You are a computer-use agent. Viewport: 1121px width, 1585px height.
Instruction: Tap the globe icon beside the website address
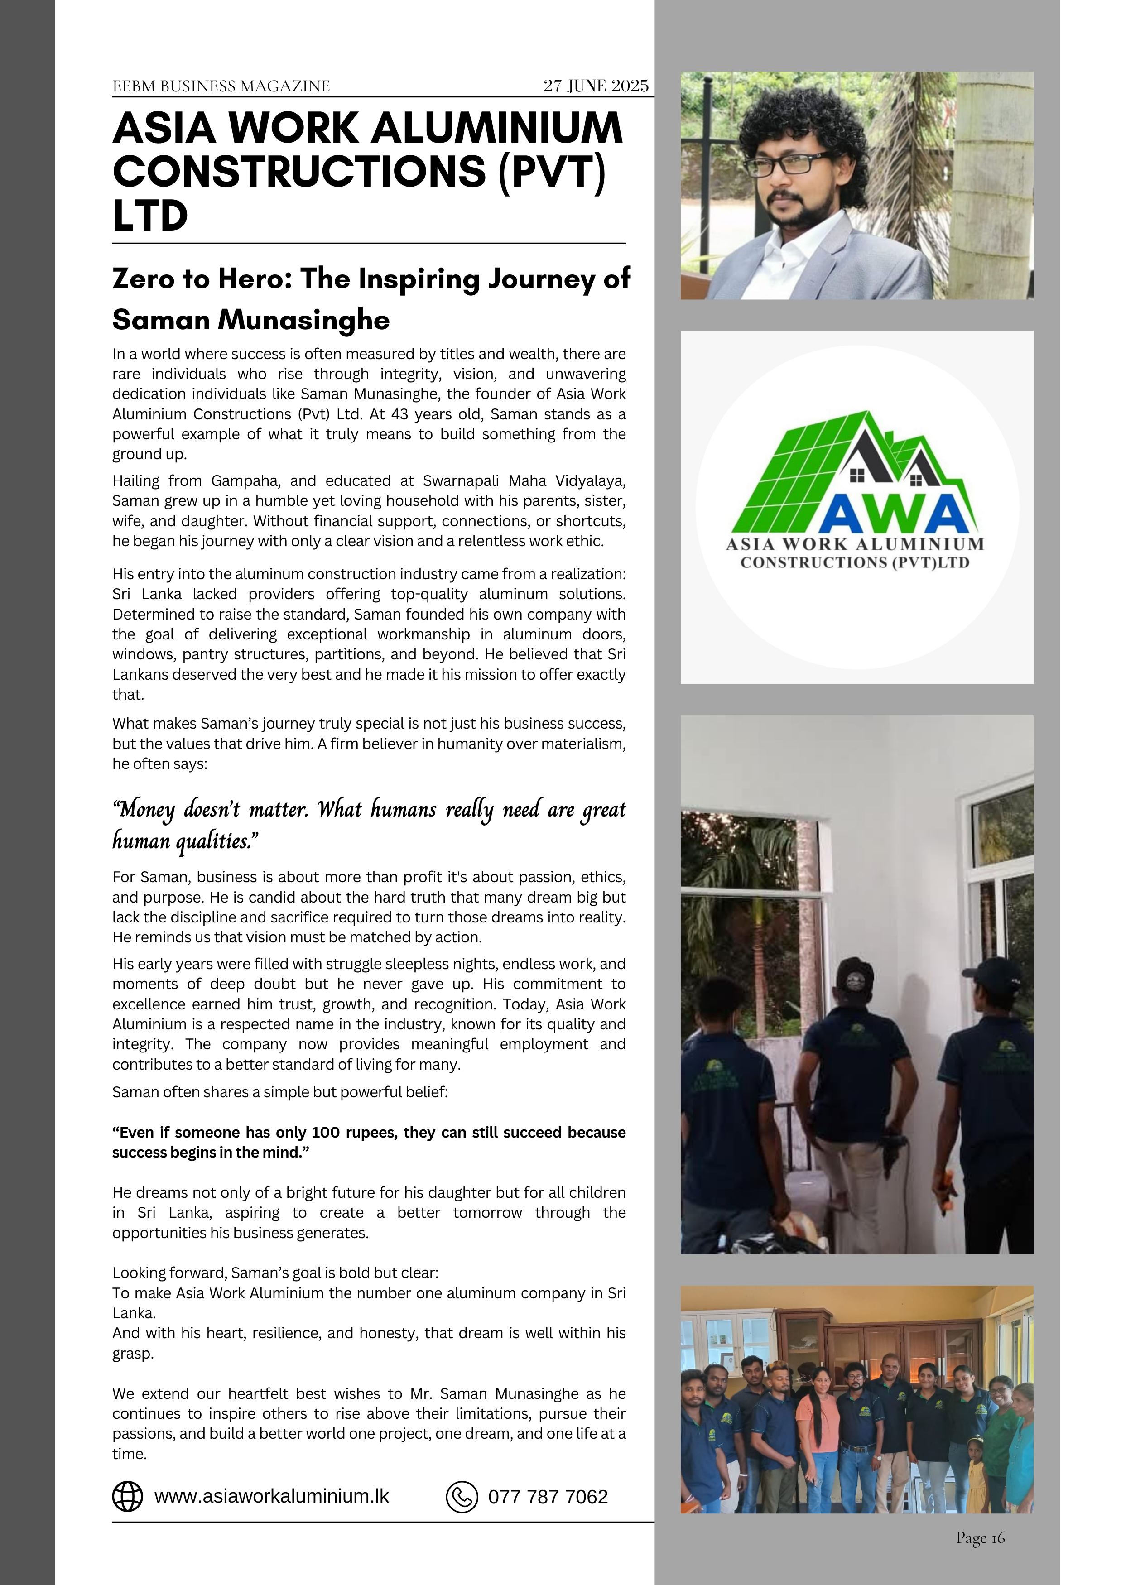tap(128, 1497)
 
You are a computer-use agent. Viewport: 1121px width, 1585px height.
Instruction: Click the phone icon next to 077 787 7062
tap(462, 1497)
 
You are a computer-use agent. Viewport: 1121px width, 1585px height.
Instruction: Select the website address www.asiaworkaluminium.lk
tap(271, 1496)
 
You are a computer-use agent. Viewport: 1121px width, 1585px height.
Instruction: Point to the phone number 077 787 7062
tap(548, 1497)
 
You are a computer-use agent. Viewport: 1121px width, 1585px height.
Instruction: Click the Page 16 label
tap(980, 1538)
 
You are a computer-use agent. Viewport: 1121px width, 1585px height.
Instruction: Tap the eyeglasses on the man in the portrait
tap(787, 163)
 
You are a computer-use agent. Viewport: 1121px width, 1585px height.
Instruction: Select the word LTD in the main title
tap(150, 216)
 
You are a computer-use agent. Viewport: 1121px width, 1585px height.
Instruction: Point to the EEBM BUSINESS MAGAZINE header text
tap(221, 86)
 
